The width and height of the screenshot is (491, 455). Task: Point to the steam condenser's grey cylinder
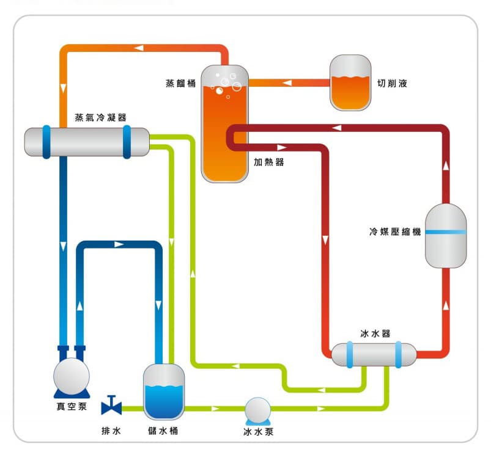(x=86, y=142)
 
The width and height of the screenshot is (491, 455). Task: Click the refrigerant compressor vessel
(x=445, y=235)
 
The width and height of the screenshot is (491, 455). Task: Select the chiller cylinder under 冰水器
(x=374, y=354)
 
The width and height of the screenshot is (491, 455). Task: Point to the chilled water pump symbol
(x=256, y=411)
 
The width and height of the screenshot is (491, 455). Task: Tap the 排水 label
(x=111, y=431)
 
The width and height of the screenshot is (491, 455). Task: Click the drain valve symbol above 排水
(x=111, y=405)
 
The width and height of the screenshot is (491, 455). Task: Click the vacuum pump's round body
(x=70, y=373)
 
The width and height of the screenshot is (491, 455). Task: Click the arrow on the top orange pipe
(x=139, y=48)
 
